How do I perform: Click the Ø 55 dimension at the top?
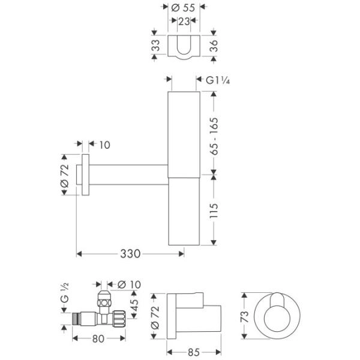click(182, 8)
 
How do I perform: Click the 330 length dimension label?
click(130, 254)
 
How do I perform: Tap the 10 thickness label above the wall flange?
click(104, 145)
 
